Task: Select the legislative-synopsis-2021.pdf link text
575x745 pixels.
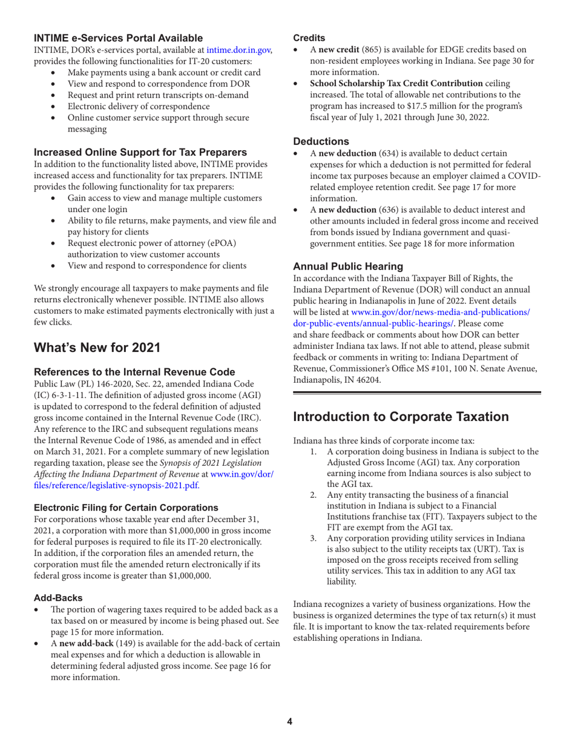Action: [x=116, y=468]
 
